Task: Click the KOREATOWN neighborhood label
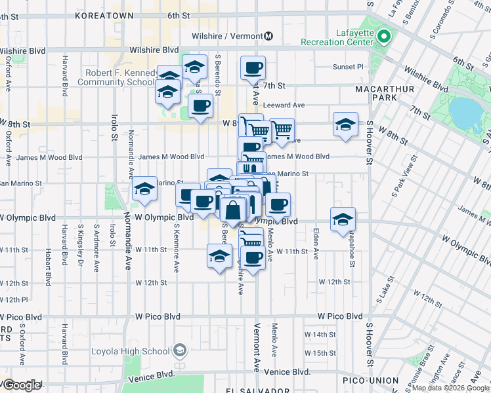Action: tap(104, 14)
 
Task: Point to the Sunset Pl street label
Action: tap(348, 66)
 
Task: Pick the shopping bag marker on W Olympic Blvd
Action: tap(233, 211)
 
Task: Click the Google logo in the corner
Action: tap(22, 385)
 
